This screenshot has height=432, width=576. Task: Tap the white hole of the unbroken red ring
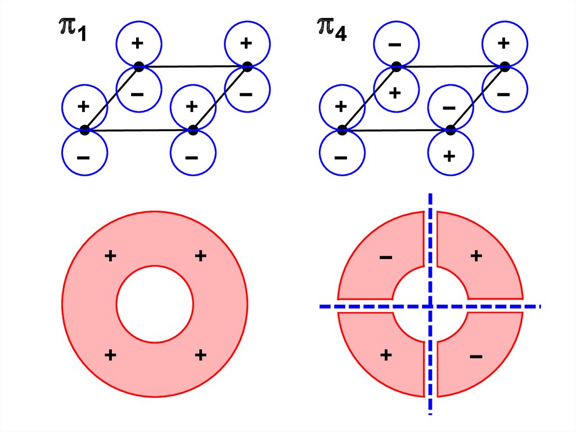tap(155, 304)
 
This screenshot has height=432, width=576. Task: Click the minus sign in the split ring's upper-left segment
tap(386, 258)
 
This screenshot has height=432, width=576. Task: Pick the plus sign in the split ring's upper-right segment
tap(476, 256)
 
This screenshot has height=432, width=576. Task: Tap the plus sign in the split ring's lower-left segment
tap(386, 355)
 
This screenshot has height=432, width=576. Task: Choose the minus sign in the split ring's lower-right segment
tap(475, 356)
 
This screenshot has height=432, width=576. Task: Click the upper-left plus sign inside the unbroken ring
tap(110, 256)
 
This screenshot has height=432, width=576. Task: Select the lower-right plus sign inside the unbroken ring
tap(200, 355)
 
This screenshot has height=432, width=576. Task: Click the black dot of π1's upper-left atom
tap(139, 66)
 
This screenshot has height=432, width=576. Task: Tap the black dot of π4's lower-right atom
tap(450, 130)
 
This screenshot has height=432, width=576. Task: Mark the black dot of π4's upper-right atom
tap(505, 66)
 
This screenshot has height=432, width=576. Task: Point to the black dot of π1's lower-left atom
tap(85, 130)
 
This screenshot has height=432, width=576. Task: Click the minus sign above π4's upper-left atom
tap(395, 44)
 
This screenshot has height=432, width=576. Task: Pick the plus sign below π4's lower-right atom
tap(449, 156)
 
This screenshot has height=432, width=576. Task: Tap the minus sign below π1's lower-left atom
tap(83, 157)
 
